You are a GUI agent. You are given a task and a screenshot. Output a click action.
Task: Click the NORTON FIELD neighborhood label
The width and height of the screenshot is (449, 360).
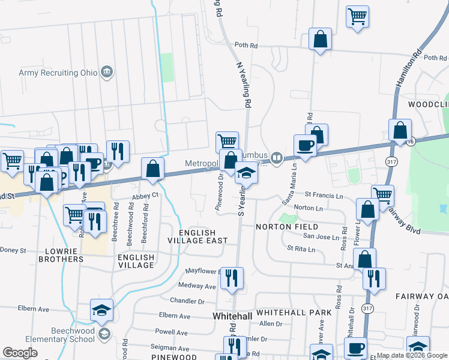pos(286,227)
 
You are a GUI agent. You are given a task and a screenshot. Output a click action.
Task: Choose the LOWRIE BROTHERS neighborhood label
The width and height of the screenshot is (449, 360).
pos(61,254)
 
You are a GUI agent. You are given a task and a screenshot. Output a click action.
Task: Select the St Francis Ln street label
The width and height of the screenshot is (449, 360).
pos(323,196)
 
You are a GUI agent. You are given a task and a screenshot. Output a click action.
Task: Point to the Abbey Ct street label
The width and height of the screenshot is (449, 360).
pos(145,196)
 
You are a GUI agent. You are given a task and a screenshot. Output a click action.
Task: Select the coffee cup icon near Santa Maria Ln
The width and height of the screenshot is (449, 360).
pos(305,145)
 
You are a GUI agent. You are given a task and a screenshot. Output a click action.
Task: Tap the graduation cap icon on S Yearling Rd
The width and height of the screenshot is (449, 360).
pos(246,173)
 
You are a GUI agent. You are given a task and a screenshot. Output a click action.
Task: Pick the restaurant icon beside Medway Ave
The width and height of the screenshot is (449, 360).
pos(232,277)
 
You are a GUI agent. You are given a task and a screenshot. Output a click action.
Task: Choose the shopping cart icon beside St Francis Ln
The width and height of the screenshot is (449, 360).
pos(382,194)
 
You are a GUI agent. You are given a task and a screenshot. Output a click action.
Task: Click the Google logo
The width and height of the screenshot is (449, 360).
pos(20,353)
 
